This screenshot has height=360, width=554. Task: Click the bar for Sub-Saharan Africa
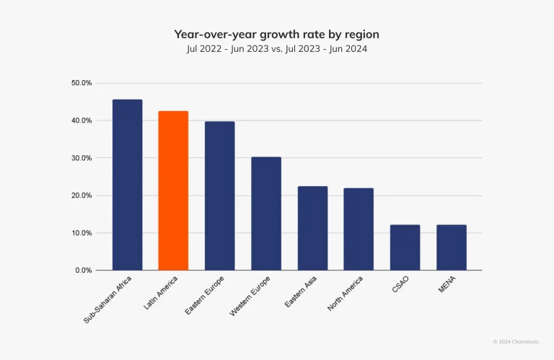coord(127,185)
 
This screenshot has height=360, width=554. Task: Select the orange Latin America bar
coord(173,190)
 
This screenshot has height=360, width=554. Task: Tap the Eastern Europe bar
coord(219,196)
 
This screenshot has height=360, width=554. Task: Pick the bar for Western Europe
coord(266,214)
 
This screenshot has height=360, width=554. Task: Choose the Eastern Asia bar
coord(312,228)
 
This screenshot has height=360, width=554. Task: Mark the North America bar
coord(359,229)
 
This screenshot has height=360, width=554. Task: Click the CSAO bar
coord(405,247)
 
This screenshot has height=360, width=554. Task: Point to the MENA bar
coord(452,247)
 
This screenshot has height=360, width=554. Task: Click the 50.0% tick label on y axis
coord(82,83)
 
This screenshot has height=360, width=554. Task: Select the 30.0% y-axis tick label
coord(82,158)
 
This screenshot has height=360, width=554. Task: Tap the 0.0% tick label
coord(84,271)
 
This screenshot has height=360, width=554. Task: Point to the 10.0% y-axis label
coord(82,233)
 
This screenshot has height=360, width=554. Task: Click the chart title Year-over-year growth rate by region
coord(276,34)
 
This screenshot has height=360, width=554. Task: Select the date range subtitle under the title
coord(276,49)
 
